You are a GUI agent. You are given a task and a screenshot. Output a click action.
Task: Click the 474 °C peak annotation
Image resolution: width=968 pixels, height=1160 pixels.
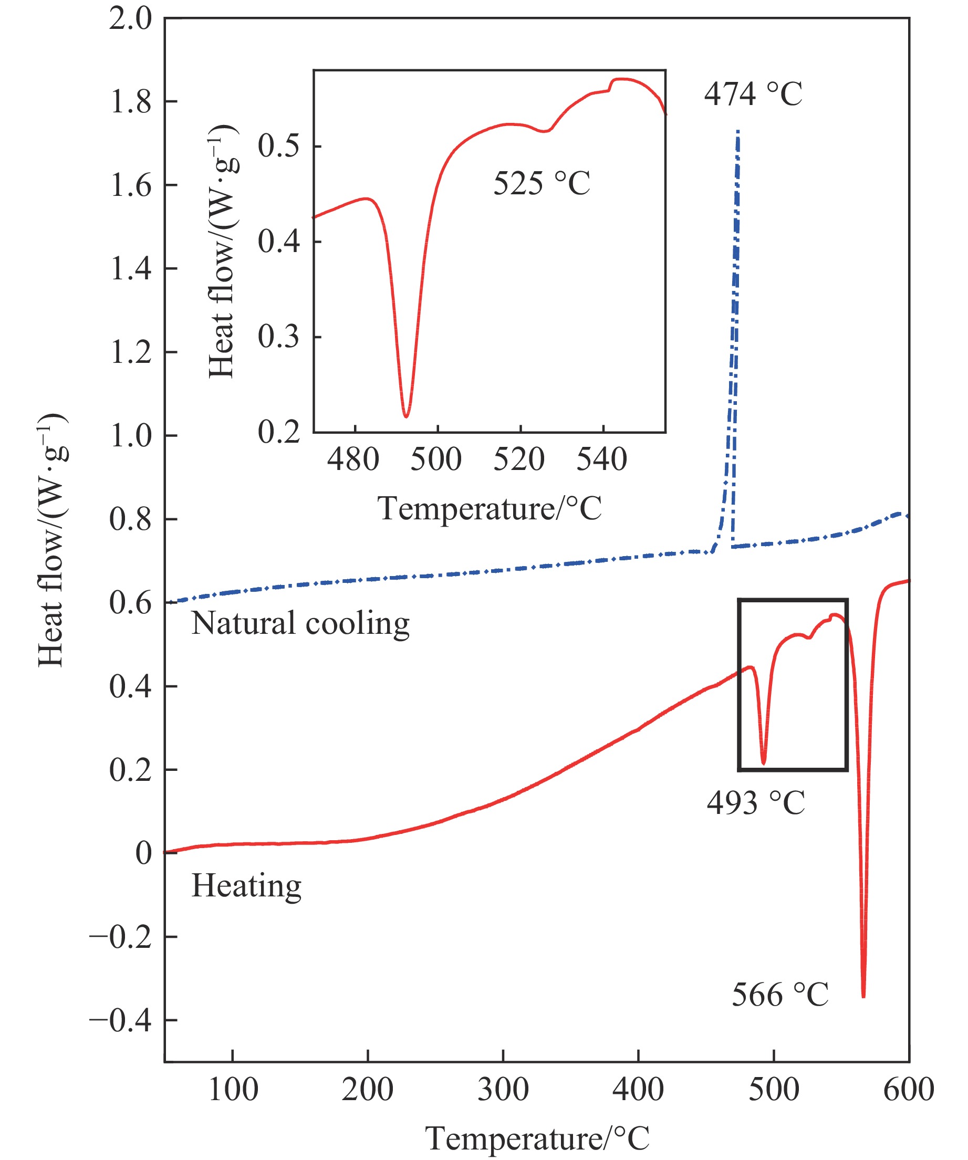pyautogui.click(x=753, y=94)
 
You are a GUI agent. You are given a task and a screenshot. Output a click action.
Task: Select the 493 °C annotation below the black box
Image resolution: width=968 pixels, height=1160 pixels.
pyautogui.click(x=755, y=802)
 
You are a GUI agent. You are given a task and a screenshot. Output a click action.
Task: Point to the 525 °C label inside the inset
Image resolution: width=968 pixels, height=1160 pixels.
pyautogui.click(x=542, y=183)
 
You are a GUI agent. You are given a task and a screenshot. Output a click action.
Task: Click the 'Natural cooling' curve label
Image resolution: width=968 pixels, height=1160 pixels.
pyautogui.click(x=300, y=623)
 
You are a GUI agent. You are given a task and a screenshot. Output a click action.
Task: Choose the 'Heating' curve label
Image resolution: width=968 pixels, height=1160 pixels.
pyautogui.click(x=246, y=885)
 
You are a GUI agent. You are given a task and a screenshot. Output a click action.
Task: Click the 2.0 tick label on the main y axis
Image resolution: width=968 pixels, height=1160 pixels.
pyautogui.click(x=130, y=19)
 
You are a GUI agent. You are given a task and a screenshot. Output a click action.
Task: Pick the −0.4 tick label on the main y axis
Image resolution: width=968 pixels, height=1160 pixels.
pyautogui.click(x=120, y=1021)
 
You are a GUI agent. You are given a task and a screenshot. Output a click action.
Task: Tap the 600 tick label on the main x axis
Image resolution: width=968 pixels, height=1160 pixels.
pyautogui.click(x=908, y=1090)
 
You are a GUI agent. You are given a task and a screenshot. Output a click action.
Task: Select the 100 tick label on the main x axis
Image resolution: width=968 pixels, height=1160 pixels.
pyautogui.click(x=233, y=1090)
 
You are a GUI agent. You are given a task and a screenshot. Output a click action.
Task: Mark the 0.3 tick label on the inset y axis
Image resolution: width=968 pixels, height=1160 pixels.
pyautogui.click(x=278, y=337)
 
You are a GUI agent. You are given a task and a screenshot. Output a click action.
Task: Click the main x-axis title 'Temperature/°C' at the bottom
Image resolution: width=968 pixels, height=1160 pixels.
pyautogui.click(x=537, y=1138)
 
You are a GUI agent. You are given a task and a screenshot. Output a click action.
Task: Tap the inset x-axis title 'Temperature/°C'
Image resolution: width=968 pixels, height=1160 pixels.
pyautogui.click(x=490, y=508)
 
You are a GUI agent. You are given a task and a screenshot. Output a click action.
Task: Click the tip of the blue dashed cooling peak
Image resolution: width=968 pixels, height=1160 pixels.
pyautogui.click(x=738, y=131)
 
